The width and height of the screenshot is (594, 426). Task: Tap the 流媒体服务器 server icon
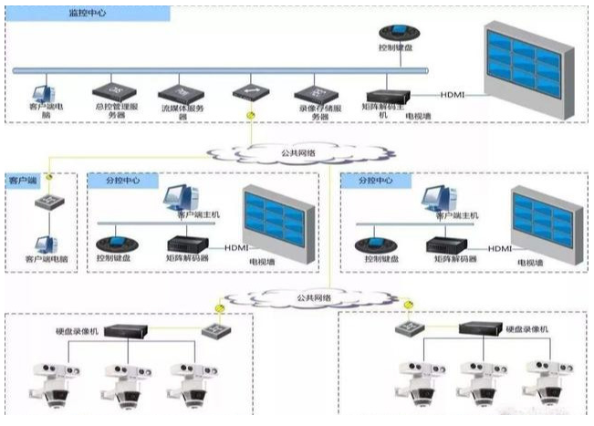coord(178,92)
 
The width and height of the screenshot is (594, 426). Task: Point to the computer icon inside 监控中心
coord(42,94)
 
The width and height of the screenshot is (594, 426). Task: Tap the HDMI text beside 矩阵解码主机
coord(453,95)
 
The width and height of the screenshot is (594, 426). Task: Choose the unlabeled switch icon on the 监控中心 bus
coord(246,93)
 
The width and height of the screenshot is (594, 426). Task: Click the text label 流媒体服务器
coord(178,112)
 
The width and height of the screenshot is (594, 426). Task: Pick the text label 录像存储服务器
coord(313,112)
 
